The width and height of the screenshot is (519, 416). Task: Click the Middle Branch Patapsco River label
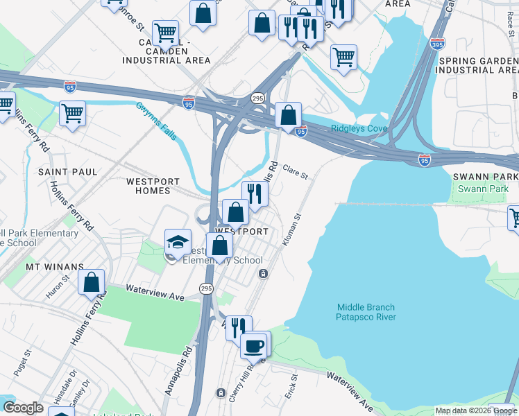coord(366,312)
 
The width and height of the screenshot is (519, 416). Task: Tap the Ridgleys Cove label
coord(359,128)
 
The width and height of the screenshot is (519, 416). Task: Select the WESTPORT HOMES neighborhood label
coord(148,186)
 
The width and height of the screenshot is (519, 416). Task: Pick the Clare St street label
coord(295,173)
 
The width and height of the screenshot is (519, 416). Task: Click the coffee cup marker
coord(254,345)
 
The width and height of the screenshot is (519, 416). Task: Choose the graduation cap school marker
coord(178,242)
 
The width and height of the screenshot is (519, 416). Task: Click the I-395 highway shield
coord(437,44)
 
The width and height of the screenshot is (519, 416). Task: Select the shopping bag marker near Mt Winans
coord(91,282)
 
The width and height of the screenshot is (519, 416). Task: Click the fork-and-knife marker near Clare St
coord(255,193)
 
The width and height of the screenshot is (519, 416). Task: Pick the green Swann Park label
coord(484,189)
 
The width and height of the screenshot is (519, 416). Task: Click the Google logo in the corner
coord(23,407)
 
